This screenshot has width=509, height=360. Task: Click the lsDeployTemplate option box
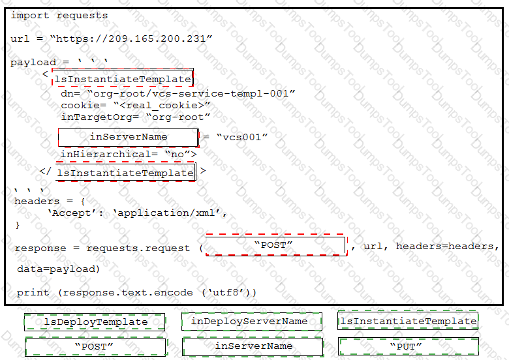click(95, 322)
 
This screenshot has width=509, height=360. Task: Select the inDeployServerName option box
click(252, 322)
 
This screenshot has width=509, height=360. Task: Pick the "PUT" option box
click(408, 346)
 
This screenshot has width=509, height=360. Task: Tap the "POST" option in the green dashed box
click(96, 347)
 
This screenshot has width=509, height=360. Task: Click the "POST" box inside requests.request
click(276, 245)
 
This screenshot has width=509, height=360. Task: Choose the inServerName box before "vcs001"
click(129, 137)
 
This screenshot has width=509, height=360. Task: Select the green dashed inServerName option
click(253, 346)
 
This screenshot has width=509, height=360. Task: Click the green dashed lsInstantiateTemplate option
click(408, 321)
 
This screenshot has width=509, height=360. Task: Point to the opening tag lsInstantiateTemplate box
click(123, 78)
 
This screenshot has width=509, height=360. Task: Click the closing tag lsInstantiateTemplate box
click(126, 172)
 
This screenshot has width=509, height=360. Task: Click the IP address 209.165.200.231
click(157, 39)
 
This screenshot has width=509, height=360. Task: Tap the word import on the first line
click(29, 16)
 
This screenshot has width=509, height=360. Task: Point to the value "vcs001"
click(242, 137)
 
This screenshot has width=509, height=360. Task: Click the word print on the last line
click(33, 293)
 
